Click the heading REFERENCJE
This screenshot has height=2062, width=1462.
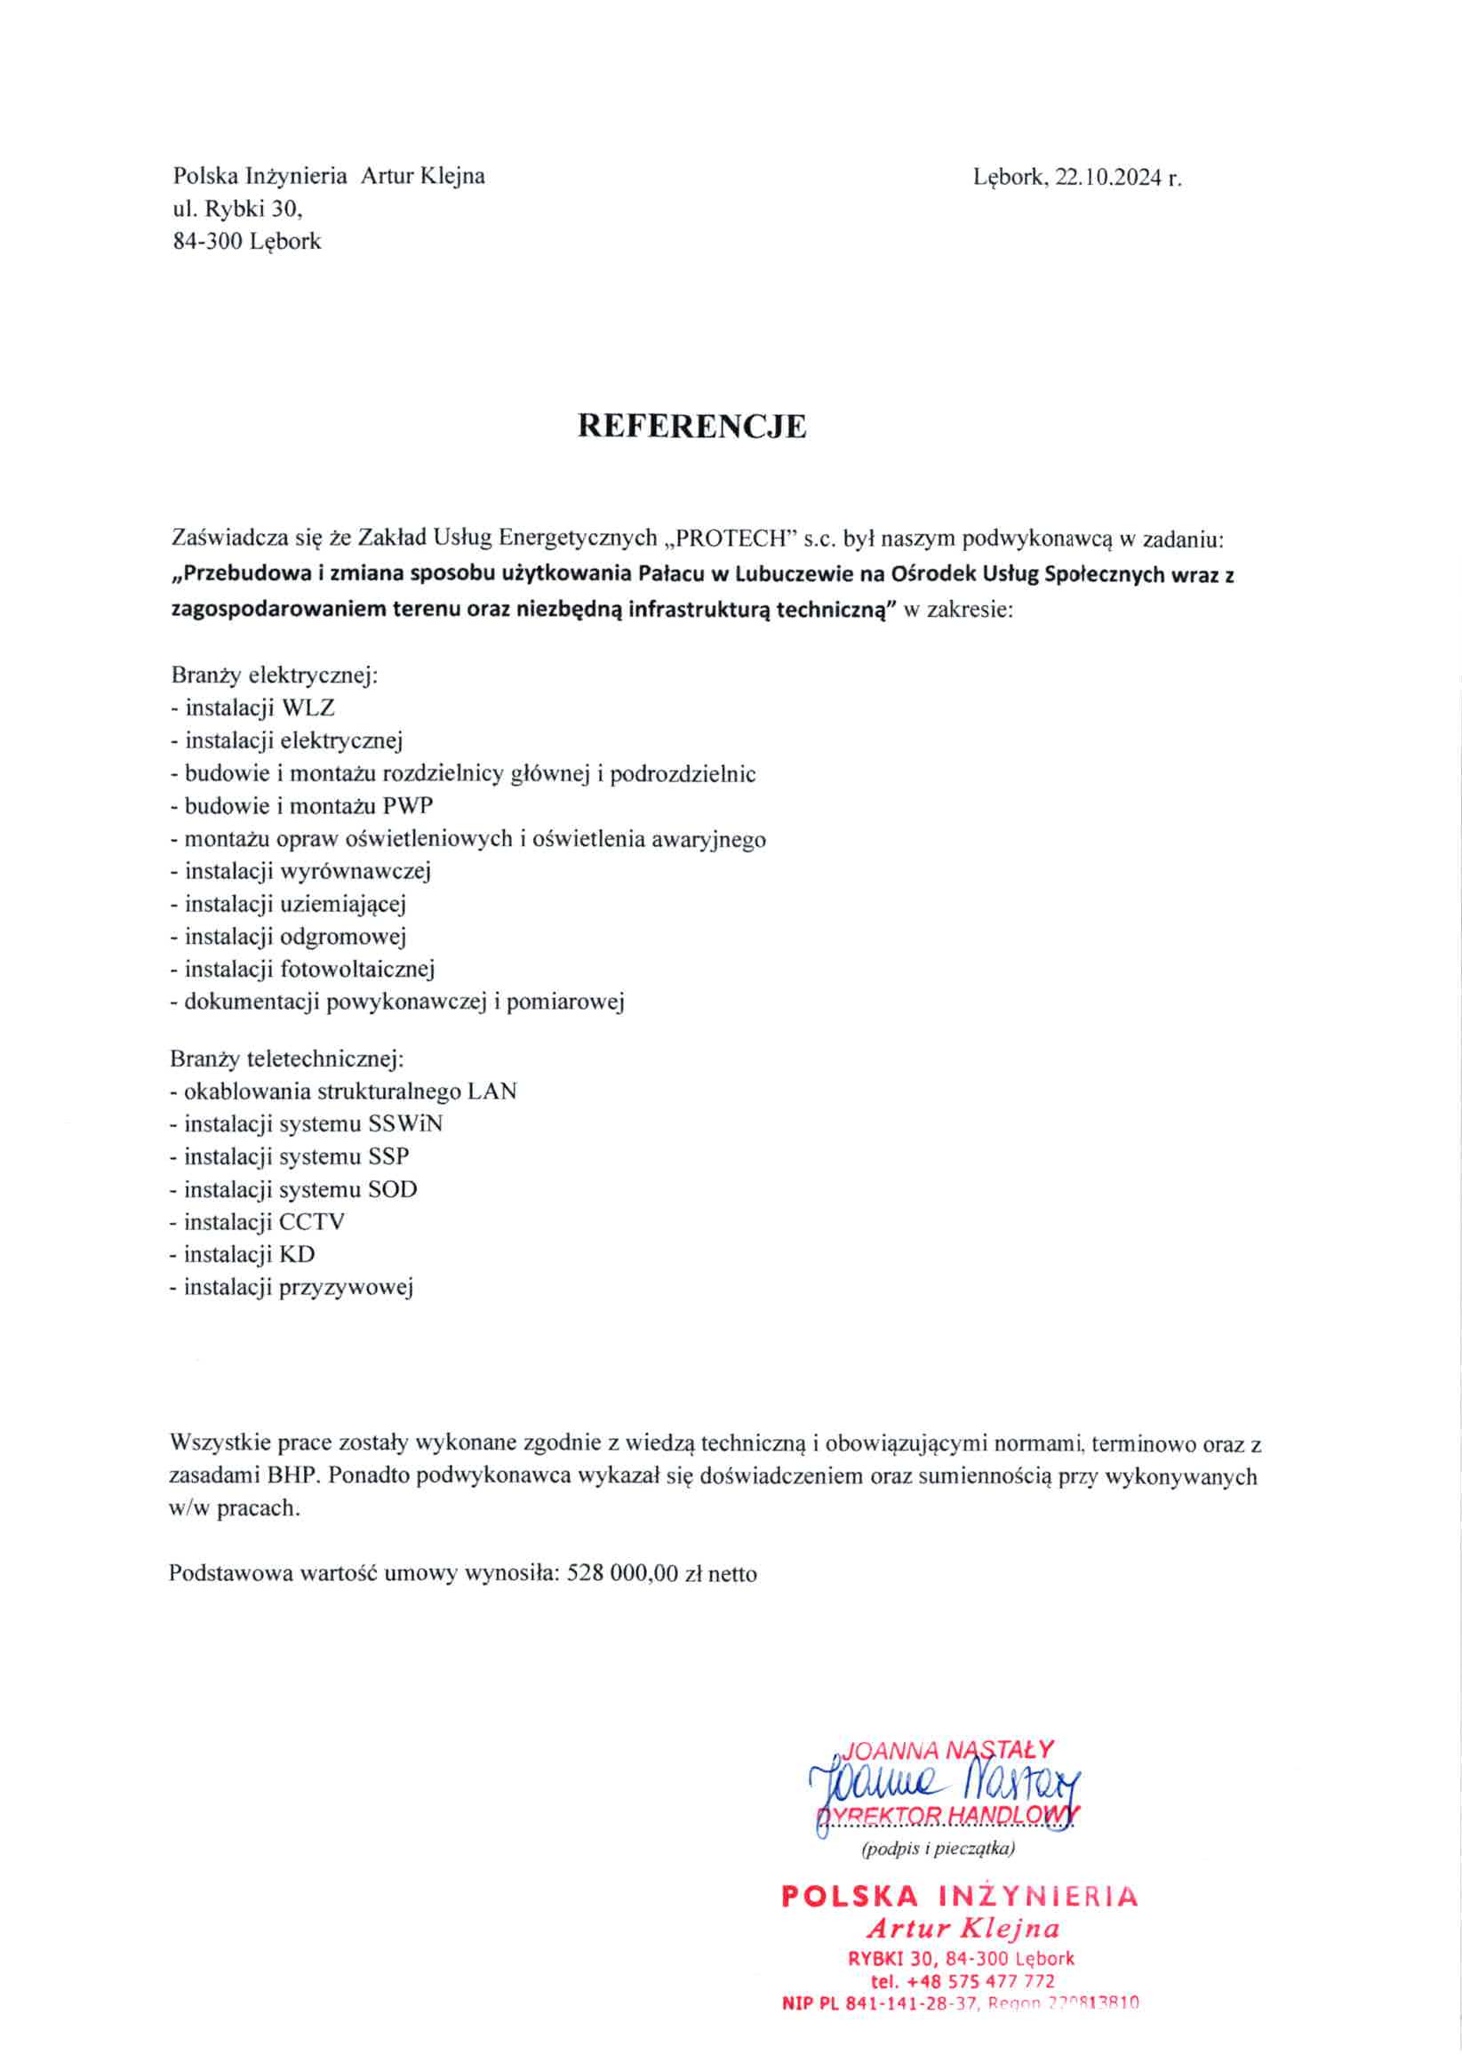click(691, 426)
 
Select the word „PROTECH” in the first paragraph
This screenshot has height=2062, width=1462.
click(730, 539)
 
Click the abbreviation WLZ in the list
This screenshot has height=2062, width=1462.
click(308, 708)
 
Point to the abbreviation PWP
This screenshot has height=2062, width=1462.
click(408, 805)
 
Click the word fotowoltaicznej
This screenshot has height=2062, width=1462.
click(357, 970)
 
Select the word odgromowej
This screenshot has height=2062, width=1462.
click(343, 937)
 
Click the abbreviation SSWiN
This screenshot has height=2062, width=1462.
click(405, 1124)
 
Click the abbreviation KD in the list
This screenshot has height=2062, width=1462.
click(297, 1255)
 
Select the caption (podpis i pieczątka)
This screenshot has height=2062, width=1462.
click(938, 1849)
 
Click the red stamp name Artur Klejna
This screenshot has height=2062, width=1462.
click(963, 1929)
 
